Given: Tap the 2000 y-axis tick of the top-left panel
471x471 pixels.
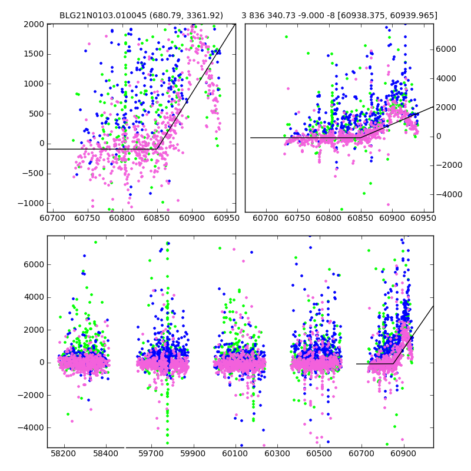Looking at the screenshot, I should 34,24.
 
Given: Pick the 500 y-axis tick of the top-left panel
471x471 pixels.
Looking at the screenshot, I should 37,114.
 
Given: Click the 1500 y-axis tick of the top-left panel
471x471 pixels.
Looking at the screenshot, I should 34,54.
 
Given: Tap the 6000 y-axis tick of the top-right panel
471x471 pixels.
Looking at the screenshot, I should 446,49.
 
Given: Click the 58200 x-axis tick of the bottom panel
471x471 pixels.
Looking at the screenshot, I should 64,455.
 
